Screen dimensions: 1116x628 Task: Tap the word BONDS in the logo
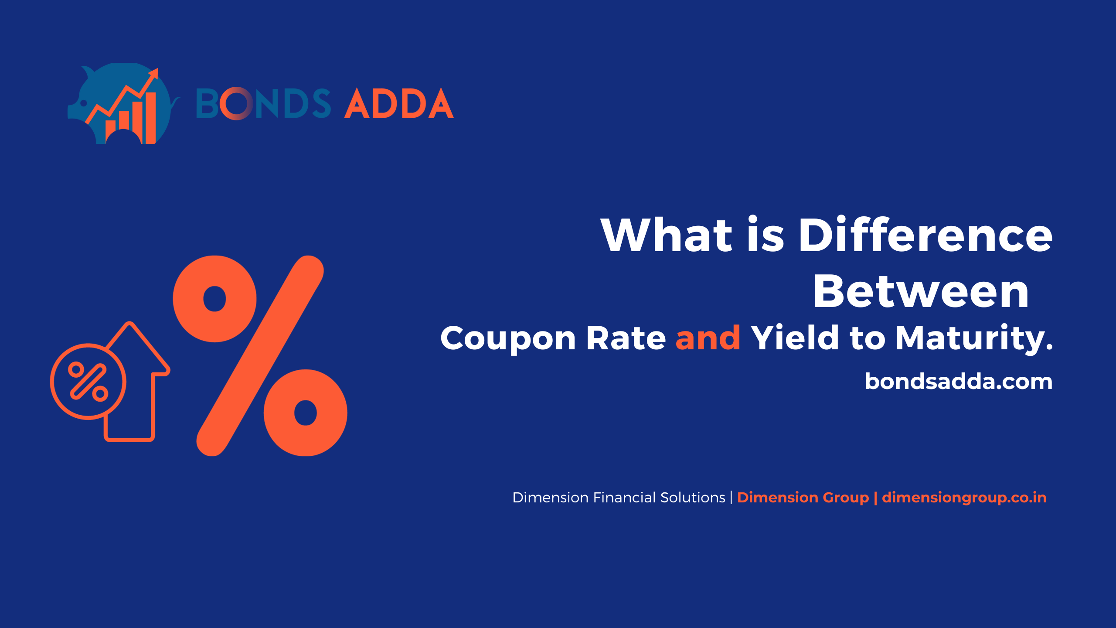[x=263, y=104]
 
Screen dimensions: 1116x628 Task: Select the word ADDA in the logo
[x=399, y=103]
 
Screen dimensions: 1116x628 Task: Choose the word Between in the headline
[x=921, y=291]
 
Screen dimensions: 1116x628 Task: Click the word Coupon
[x=508, y=338]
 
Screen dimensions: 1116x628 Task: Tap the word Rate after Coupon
[x=626, y=338]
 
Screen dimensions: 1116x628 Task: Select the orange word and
[x=708, y=338]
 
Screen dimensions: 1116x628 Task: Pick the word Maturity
[x=974, y=338]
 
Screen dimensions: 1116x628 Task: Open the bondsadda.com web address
[x=959, y=382]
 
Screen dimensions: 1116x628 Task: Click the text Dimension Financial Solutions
[x=619, y=498]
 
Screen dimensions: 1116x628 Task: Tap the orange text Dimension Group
[x=803, y=498]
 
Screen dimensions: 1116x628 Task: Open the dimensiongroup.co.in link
[x=964, y=498]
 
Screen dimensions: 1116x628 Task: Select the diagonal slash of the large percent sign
[x=260, y=356]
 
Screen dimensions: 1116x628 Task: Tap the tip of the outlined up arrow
[x=129, y=323]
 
